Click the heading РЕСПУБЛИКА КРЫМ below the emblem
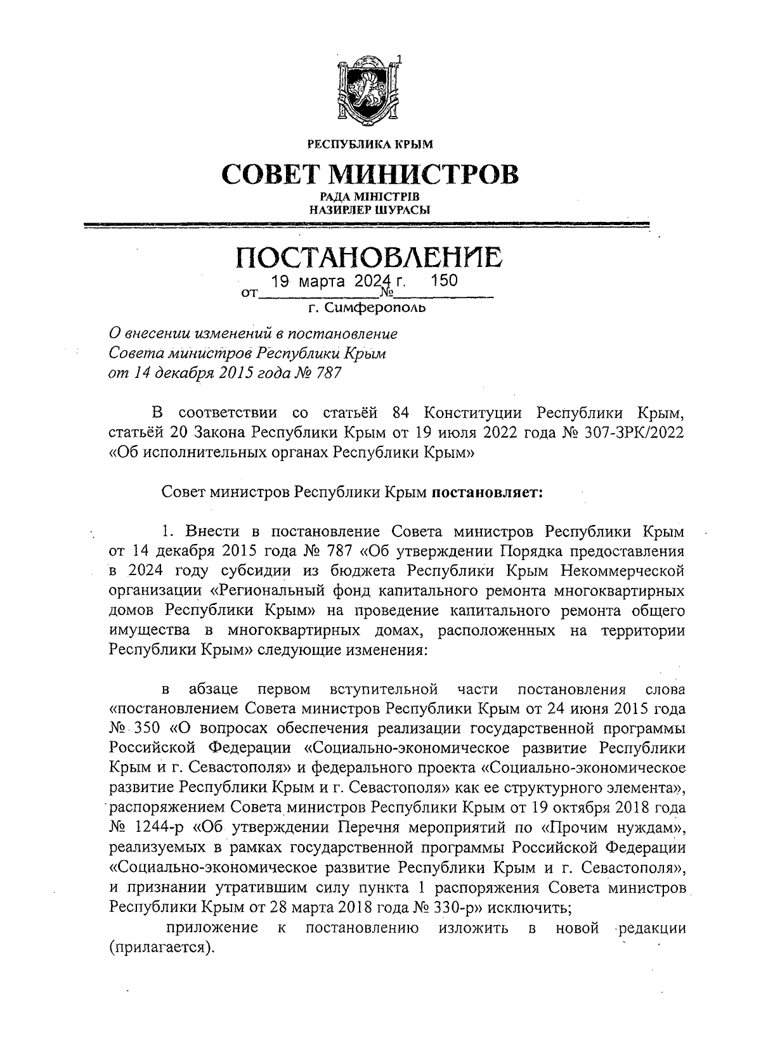370,145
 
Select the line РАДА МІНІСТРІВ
370,197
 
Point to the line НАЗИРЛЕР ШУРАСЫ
370,209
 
